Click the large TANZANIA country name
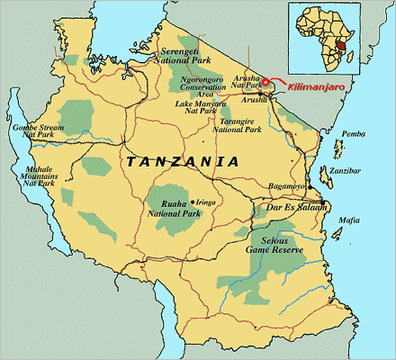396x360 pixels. click(x=184, y=163)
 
